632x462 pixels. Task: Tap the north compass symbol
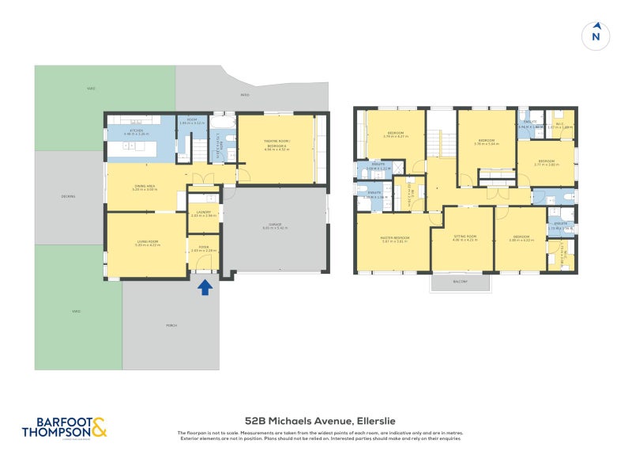tap(596, 35)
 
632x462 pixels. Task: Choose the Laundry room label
tap(202, 214)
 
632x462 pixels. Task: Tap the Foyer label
tap(204, 249)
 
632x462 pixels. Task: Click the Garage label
tap(275, 226)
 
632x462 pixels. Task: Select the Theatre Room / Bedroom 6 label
tap(276, 144)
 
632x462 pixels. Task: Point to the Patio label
tap(244, 94)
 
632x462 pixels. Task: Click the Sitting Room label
tap(465, 238)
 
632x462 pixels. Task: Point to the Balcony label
tap(460, 282)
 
